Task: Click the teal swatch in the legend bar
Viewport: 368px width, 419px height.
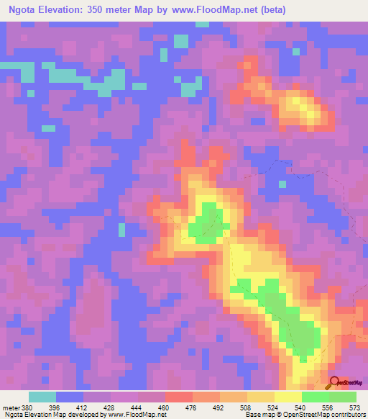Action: coord(42,397)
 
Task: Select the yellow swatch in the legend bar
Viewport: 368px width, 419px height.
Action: coord(287,397)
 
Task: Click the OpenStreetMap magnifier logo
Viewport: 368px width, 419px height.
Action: coord(335,383)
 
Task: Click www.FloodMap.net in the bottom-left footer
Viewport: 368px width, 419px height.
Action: coord(135,415)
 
